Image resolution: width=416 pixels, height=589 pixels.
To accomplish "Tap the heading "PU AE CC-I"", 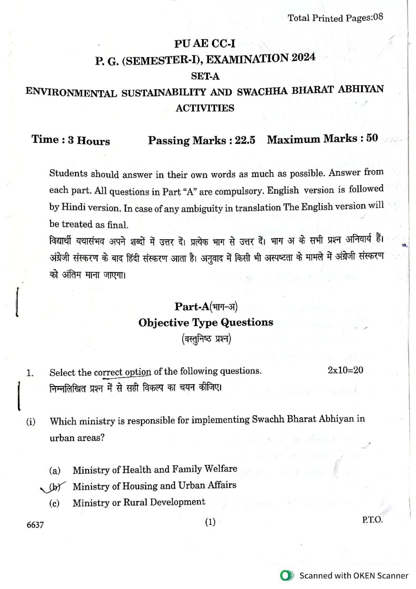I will pos(204,44).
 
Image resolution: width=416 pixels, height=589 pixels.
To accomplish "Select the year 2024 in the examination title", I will pos(303,58).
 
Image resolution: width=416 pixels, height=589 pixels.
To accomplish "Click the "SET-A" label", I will pos(205,76).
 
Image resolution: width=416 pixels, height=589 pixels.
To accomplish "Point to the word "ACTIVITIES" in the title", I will pos(205,108).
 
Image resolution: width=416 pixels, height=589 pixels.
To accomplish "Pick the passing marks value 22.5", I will pos(245,140).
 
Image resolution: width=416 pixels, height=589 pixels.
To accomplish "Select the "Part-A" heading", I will pos(192,307).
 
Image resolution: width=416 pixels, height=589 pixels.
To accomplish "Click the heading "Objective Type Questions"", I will pos(206,323).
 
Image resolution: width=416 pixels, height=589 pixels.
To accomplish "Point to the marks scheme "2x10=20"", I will pos(345,370).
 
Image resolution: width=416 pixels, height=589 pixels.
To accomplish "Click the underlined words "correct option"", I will pos(122,372).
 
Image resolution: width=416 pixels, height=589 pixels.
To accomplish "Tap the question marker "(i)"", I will pos(31,422).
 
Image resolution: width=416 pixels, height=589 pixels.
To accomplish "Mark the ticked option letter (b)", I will pos(55,487).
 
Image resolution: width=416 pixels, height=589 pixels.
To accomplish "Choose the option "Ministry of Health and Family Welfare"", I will pos(155,469).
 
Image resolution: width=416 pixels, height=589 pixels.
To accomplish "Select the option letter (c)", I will pos(55,503).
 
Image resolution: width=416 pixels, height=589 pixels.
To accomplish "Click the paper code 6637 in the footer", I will pos(35,525).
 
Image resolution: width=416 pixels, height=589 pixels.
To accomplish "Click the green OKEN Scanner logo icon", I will pos(287,576).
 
